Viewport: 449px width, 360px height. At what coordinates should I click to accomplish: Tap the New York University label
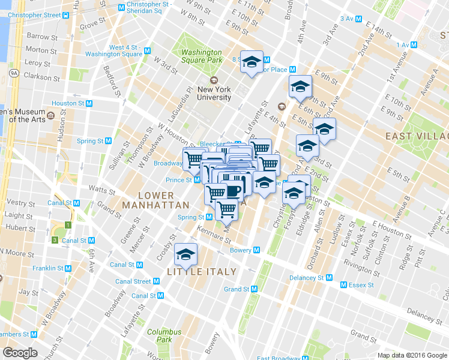click(x=213, y=93)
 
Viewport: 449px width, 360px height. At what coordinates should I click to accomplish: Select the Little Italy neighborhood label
click(x=201, y=272)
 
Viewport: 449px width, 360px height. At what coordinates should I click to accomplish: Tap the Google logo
click(x=20, y=353)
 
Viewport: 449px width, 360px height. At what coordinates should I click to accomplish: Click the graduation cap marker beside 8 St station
click(x=252, y=62)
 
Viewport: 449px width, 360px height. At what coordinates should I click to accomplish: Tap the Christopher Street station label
click(x=35, y=14)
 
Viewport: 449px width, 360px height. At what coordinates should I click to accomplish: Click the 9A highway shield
click(x=14, y=73)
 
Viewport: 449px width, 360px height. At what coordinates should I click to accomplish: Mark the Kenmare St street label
click(x=206, y=231)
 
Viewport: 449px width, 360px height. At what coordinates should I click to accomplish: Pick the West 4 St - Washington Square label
click(x=125, y=50)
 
